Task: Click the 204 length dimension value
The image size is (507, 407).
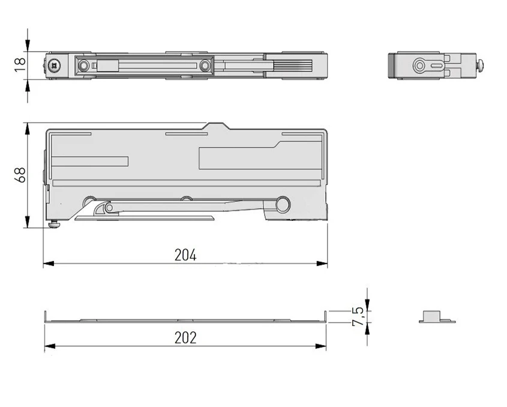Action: tap(185, 255)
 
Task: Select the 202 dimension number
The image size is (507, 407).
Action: tap(185, 337)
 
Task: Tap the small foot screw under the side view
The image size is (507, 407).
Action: tap(55, 225)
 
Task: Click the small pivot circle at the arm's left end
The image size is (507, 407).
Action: tap(109, 208)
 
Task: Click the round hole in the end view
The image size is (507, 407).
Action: tap(419, 65)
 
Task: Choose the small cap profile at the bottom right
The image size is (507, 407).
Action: tap(437, 316)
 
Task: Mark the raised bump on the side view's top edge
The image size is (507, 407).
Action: tap(217, 126)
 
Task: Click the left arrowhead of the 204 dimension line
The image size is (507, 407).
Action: tap(47, 263)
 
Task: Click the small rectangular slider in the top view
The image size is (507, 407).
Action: tap(107, 65)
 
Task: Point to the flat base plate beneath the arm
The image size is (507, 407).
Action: tap(144, 217)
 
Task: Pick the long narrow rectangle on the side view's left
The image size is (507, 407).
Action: tap(91, 161)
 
